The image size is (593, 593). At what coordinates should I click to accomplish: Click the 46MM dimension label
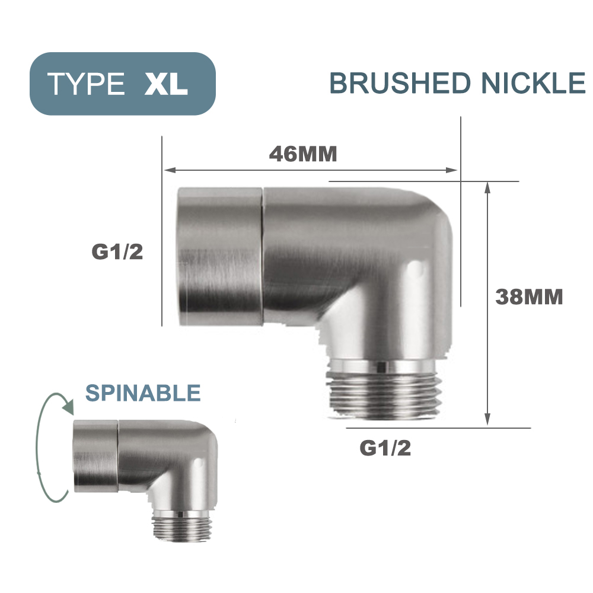point(303,154)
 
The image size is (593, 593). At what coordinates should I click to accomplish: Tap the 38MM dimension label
point(529,296)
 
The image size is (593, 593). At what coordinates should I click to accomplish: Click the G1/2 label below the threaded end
point(385,448)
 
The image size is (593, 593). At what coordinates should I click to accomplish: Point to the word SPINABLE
point(143,393)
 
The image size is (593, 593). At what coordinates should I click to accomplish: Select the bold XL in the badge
point(166,84)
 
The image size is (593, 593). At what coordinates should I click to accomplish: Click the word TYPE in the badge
point(87,84)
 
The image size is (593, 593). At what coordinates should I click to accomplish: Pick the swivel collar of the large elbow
point(220,254)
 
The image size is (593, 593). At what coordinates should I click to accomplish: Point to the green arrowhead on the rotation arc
point(68,408)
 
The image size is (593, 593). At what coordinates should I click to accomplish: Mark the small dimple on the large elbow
point(419,270)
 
